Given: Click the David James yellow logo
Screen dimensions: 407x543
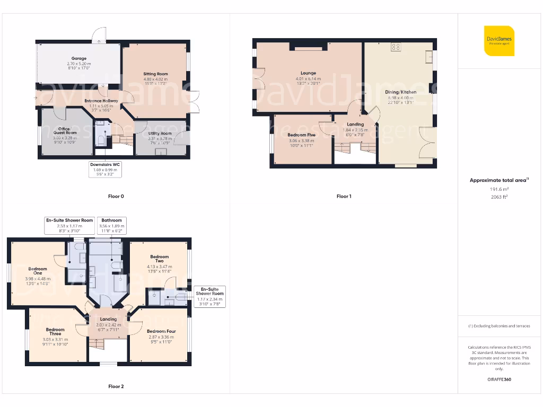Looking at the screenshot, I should pos(499,40).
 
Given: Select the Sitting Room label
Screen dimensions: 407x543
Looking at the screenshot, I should pos(155,74).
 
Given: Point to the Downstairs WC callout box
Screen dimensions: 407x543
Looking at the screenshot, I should pos(106,169).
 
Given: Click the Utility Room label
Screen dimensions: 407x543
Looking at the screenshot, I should pos(160,134).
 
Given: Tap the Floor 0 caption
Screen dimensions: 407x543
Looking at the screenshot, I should pos(116,197).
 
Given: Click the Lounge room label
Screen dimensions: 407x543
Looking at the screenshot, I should pos(308,73).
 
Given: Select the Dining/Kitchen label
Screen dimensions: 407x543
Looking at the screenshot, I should pos(400,92).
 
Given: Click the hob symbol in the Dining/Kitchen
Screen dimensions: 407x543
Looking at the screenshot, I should pos(396,47).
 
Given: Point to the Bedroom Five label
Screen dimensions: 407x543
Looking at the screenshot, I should pos(301,135).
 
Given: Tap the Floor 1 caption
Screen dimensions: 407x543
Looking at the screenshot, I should pos(344,197).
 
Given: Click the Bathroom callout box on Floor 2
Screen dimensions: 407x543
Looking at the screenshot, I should pos(111,224).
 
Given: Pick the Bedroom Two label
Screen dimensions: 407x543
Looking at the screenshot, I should pos(159,259).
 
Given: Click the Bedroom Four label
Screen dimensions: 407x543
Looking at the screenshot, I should pos(161,332).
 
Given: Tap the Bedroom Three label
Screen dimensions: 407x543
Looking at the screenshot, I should pos(55,332).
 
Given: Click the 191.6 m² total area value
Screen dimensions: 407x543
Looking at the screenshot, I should pos(498,189).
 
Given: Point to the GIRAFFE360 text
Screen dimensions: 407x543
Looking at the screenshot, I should pos(499,379).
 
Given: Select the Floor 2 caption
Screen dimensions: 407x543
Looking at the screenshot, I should pos(116,387).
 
